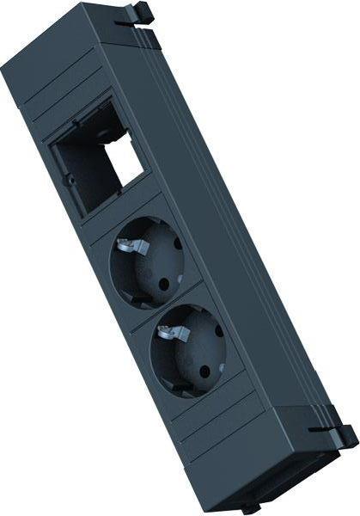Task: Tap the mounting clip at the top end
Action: (x=138, y=15)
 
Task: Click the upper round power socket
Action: (x=148, y=261)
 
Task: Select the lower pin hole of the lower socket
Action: (x=205, y=372)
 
